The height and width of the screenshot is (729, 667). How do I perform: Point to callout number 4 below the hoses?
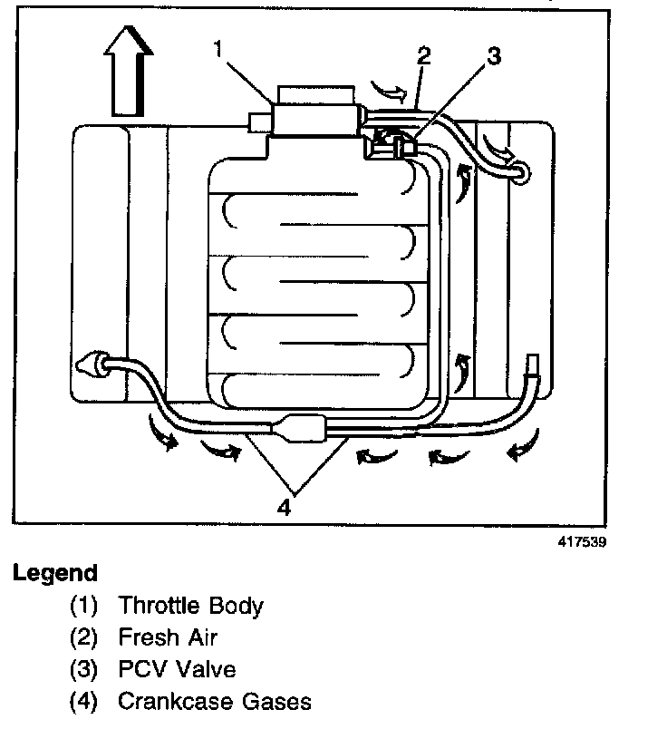pos(285,509)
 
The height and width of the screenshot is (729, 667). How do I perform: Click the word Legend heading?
pos(54,574)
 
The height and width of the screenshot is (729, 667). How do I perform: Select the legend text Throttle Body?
pos(190,606)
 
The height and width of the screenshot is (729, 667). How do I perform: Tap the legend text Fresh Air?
pos(168,637)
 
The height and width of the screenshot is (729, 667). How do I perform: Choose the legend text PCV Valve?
pos(177,669)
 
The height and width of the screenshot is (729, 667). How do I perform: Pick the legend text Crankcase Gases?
pos(214,701)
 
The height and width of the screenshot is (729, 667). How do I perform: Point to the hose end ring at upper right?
pos(522,170)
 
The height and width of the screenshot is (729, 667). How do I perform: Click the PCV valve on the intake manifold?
pos(391,142)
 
